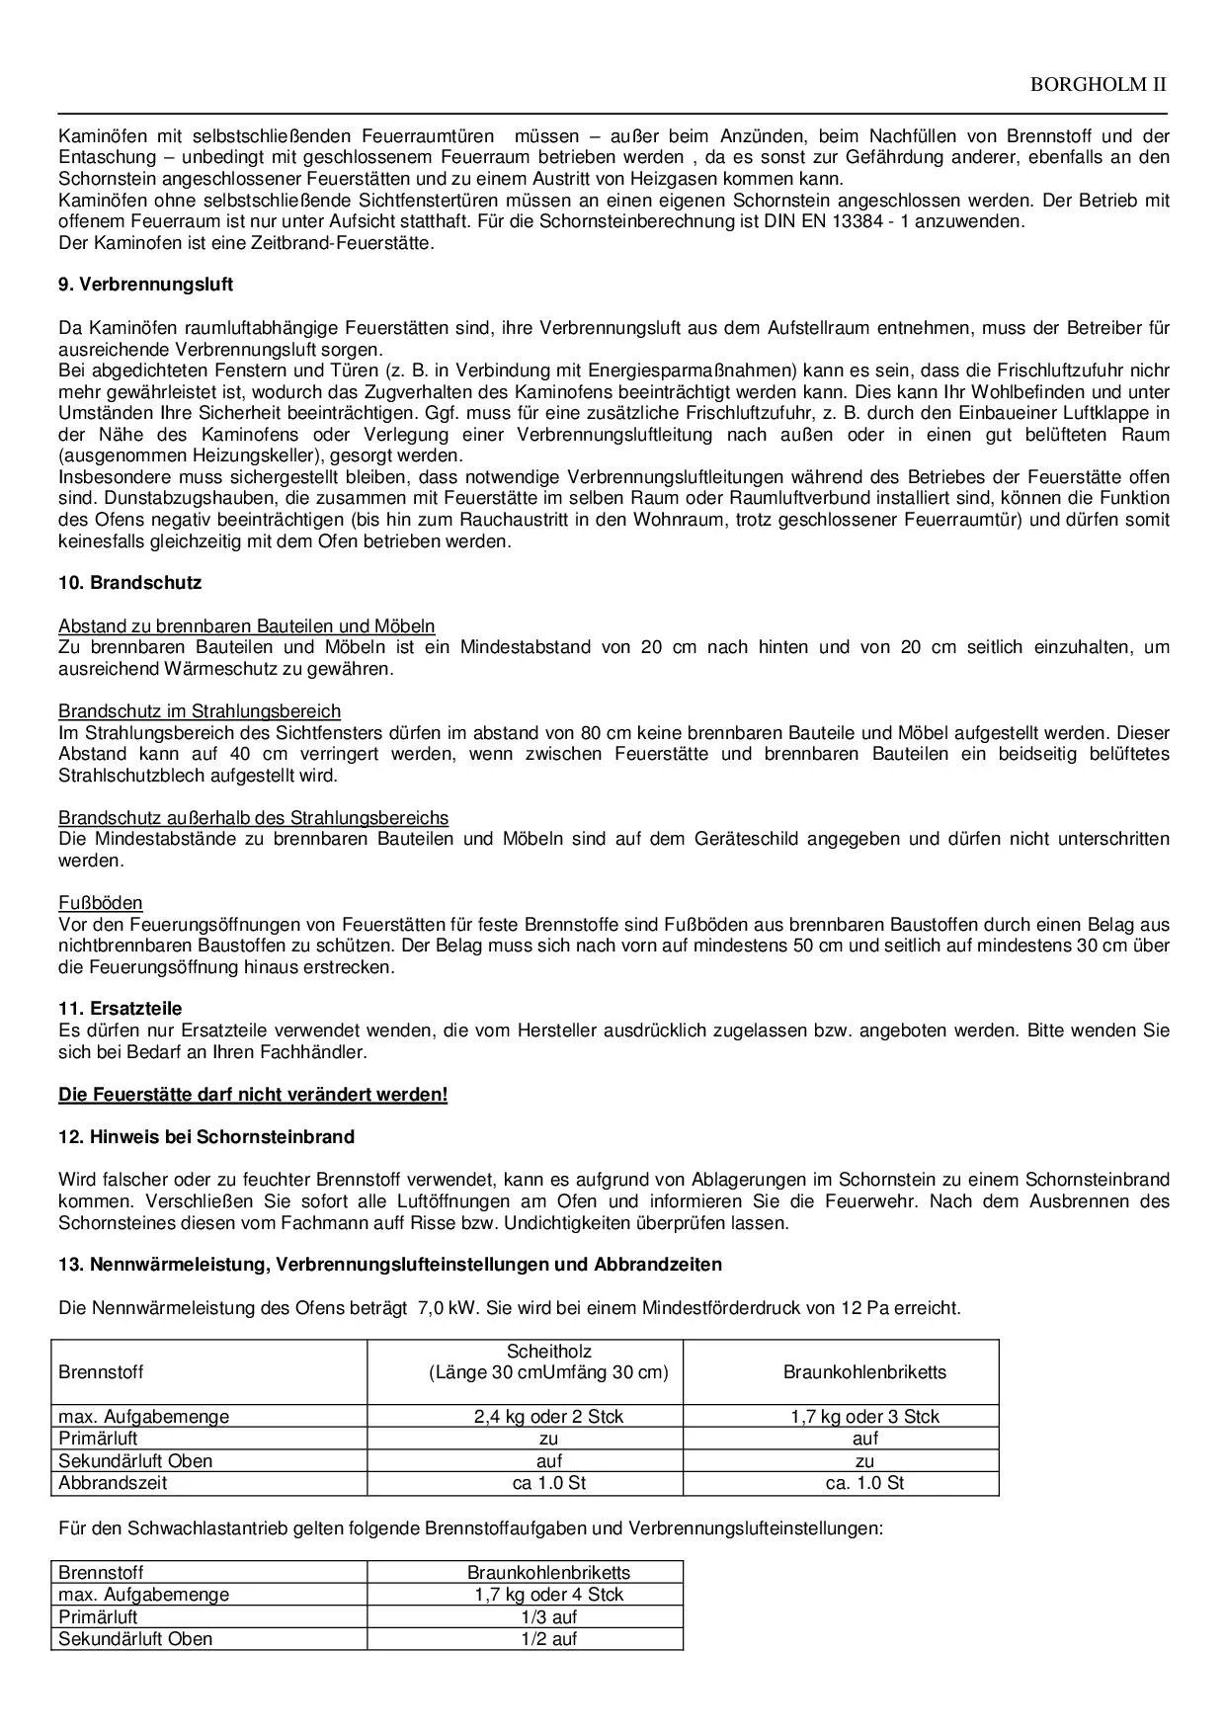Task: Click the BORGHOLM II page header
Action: (1098, 84)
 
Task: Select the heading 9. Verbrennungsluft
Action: (145, 285)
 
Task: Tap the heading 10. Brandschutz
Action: (129, 583)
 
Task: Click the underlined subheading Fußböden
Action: (100, 903)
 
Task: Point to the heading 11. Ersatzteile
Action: (120, 1009)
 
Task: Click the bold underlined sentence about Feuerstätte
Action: (253, 1095)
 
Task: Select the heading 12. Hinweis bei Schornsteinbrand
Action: (205, 1137)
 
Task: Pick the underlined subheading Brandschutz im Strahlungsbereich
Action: (200, 711)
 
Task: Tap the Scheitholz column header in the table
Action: (548, 1352)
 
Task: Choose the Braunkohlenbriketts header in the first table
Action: (864, 1372)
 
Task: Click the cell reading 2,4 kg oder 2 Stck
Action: (548, 1417)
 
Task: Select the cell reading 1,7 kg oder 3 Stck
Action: (864, 1417)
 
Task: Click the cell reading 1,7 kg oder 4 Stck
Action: (548, 1595)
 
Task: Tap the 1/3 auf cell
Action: (548, 1617)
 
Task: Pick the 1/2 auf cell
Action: (548, 1639)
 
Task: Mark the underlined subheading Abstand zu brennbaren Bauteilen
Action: (246, 626)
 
